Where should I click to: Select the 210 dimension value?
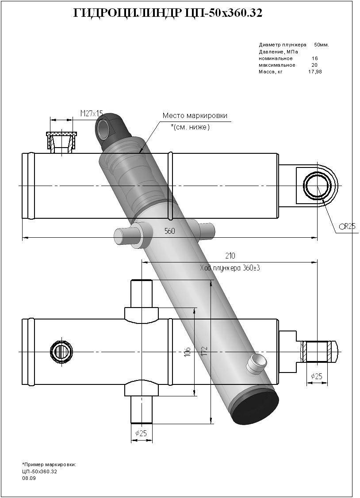(230, 255)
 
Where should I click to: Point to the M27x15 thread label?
(91, 114)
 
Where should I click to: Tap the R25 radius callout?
(349, 226)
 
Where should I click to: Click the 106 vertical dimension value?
(188, 352)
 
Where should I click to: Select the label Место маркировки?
(195, 116)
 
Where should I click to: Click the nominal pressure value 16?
(314, 58)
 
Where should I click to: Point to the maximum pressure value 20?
(314, 65)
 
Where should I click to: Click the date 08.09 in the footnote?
(29, 478)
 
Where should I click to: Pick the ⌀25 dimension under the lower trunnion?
(141, 433)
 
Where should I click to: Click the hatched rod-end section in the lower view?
(318, 351)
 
